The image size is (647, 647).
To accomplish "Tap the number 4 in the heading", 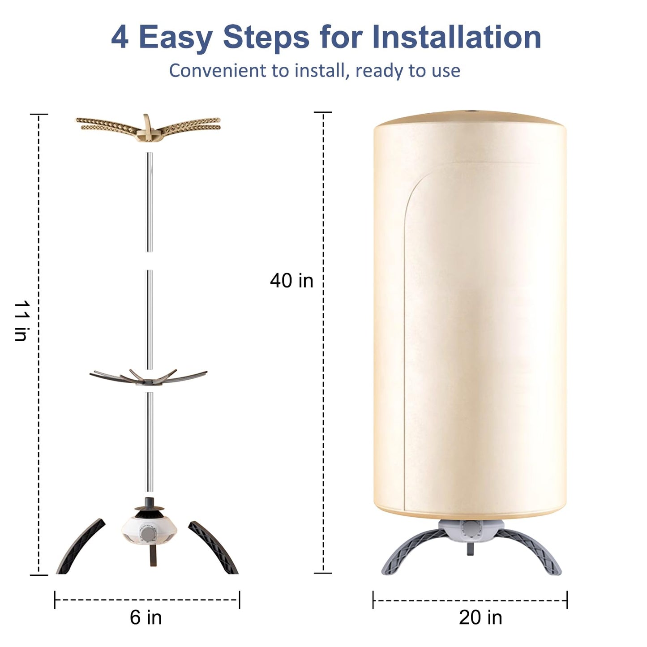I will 120,38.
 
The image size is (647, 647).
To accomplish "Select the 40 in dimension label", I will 291,281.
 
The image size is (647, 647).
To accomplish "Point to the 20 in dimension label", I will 480,617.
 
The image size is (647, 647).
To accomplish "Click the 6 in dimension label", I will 146,617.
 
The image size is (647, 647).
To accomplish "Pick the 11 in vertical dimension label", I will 21,321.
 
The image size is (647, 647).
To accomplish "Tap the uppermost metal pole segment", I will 150,201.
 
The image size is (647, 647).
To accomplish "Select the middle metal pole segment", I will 150,319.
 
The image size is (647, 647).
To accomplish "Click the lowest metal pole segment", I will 150,441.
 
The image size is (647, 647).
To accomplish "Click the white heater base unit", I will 149,528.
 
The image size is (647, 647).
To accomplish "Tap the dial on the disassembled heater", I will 147,534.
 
